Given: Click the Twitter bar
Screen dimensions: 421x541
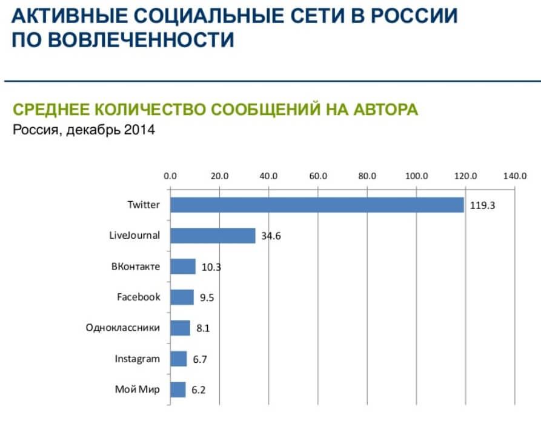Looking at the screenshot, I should (x=317, y=205).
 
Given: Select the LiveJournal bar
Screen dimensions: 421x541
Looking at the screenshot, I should (x=213, y=236).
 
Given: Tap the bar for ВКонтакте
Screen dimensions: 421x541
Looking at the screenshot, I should (x=183, y=267).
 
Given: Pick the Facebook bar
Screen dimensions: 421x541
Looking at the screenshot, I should (x=182, y=297).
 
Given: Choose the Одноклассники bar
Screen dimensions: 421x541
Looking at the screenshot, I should (x=180, y=328).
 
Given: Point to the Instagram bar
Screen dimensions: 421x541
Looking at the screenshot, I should (x=178, y=359).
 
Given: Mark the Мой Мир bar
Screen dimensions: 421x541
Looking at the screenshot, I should (x=178, y=390).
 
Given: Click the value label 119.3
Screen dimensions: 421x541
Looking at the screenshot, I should (x=483, y=205).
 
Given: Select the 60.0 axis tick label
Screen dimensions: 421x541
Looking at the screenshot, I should (x=318, y=176).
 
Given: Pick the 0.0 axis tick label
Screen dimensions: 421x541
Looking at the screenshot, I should (x=170, y=176).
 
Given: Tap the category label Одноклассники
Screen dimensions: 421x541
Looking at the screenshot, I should (x=123, y=328).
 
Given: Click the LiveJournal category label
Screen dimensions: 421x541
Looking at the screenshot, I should (x=130, y=235).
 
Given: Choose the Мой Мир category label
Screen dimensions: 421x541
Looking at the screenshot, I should (x=138, y=390).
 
